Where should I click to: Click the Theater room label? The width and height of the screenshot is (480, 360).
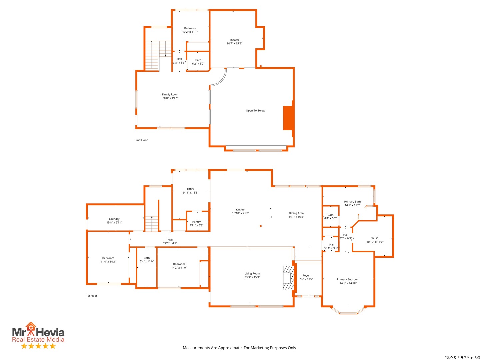(x=234, y=40)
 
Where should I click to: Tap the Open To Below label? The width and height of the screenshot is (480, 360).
(x=255, y=111)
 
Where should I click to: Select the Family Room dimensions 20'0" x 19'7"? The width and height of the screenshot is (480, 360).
(x=170, y=98)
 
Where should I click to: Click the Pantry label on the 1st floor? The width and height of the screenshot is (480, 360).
(x=196, y=222)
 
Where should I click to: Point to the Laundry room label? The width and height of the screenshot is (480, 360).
(x=114, y=219)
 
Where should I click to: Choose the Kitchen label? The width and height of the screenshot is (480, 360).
(x=240, y=210)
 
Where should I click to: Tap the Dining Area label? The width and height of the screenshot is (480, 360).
(x=296, y=213)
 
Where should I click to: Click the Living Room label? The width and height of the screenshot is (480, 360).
(x=252, y=273)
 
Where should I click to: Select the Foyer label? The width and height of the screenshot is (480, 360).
(x=306, y=276)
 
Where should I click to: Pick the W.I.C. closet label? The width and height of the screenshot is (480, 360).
(x=375, y=238)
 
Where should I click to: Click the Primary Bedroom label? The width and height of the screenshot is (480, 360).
(x=348, y=279)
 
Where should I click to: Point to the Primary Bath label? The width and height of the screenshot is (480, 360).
(x=352, y=202)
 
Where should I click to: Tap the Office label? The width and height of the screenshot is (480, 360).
(x=191, y=189)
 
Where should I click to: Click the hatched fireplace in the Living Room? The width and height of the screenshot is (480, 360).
(x=288, y=278)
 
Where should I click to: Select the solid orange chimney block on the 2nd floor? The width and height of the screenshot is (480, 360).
(x=288, y=118)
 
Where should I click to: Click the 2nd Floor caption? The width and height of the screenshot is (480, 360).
(x=141, y=140)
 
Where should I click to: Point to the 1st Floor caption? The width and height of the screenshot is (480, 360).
(x=92, y=296)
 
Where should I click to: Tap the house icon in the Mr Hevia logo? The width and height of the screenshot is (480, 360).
(x=31, y=326)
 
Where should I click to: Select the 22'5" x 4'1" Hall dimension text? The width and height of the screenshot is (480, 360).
(x=170, y=243)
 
